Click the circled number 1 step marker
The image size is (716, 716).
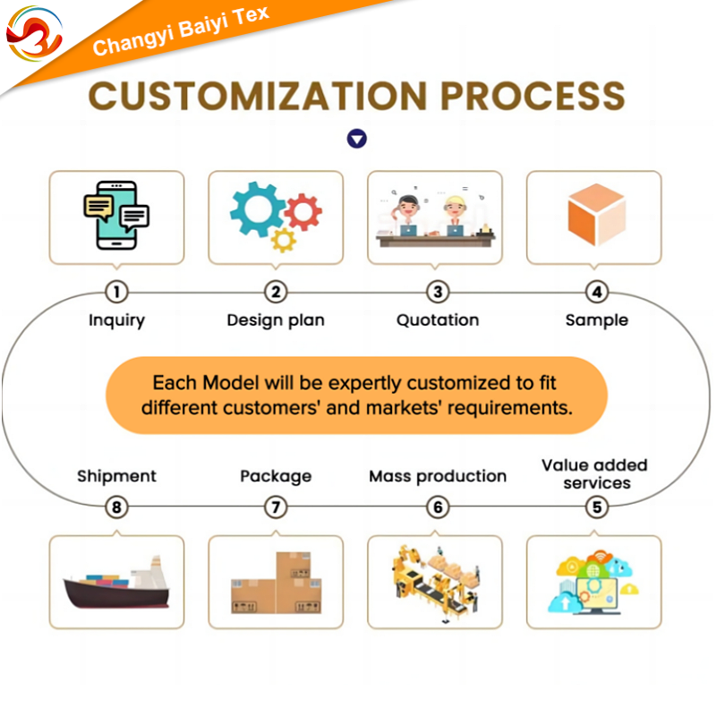pyautogui.click(x=116, y=292)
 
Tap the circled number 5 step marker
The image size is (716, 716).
pyautogui.click(x=597, y=507)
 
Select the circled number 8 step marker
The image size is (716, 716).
pyautogui.click(x=116, y=507)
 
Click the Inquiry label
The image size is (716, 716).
pyautogui.click(x=116, y=320)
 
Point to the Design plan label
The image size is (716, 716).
pyautogui.click(x=276, y=320)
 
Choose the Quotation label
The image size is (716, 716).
pyautogui.click(x=438, y=320)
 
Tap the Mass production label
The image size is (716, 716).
pyautogui.click(x=438, y=476)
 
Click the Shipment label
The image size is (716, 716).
pyautogui.click(x=116, y=476)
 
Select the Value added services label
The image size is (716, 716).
pyautogui.click(x=594, y=474)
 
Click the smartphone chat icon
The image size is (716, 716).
pyautogui.click(x=116, y=216)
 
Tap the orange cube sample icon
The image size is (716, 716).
pyautogui.click(x=596, y=216)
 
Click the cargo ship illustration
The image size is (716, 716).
pyautogui.click(x=116, y=583)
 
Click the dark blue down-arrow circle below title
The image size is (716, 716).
pyautogui.click(x=357, y=139)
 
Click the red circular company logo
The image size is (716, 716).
pyautogui.click(x=34, y=33)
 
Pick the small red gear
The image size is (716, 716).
pyautogui.click(x=303, y=211)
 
